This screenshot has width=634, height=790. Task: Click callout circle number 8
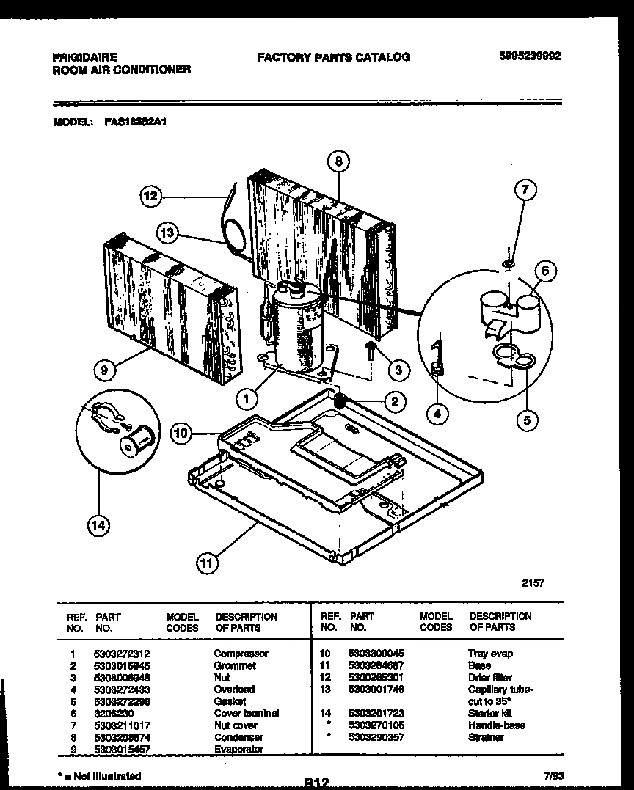338,162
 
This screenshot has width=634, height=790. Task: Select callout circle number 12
150,195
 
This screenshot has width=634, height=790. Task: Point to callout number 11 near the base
208,563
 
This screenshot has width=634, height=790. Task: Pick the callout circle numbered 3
398,370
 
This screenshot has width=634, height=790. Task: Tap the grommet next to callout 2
340,401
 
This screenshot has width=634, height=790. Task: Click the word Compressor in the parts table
241,653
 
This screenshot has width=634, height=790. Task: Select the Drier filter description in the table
489,677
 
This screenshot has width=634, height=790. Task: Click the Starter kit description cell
489,713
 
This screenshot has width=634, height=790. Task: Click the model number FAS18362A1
136,124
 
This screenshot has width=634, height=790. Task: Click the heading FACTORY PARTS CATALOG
333,56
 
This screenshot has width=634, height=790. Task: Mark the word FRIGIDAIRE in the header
84,56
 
